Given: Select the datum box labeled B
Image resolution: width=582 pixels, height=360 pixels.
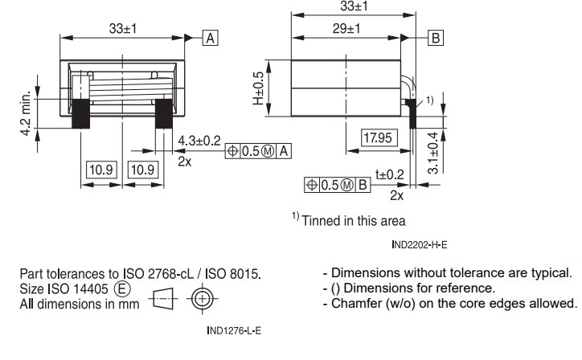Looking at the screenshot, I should tap(436, 38).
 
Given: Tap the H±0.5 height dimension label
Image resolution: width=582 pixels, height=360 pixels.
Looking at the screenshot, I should tap(258, 89).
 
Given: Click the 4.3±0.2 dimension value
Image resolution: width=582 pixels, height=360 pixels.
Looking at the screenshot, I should tap(199, 140).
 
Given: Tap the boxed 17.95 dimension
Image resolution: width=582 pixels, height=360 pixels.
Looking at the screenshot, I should tap(377, 138).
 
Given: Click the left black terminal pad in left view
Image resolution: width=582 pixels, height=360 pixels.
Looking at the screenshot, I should tap(80, 113).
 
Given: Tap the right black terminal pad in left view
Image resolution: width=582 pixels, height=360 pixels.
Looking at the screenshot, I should tap(163, 113).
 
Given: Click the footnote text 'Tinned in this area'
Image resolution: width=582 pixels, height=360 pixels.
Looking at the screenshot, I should tap(353, 220).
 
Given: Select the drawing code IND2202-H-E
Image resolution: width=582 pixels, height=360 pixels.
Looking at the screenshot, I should tap(420, 243).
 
